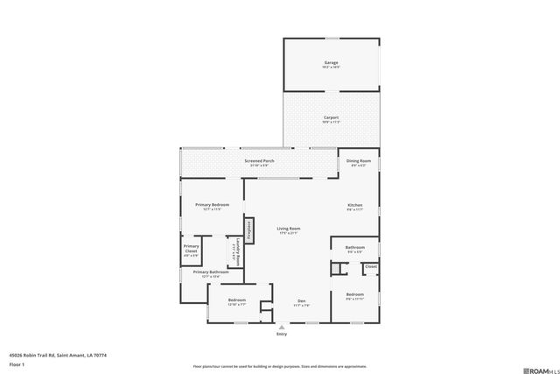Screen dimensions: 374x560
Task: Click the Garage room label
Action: pos(331,63)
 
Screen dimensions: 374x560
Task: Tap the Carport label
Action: pos(331,117)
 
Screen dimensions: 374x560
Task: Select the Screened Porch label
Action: pos(259,161)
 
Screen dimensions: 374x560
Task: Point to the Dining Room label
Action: pos(359,161)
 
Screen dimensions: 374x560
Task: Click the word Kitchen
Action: pos(354,205)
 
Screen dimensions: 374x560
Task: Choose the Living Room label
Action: pos(289,229)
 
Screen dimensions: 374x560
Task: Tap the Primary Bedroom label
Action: pos(211,205)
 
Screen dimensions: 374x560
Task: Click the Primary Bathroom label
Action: pos(211,272)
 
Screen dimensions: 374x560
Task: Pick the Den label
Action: pos(301,300)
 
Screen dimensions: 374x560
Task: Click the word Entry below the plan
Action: pos(281,335)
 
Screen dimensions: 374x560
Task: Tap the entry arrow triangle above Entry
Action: pos(281,327)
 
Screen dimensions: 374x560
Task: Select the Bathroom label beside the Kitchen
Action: pos(354,247)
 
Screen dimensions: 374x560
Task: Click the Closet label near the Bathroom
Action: pos(370,265)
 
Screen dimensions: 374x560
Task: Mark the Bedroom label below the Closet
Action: pos(354,294)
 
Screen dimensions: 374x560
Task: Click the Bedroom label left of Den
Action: pos(236,300)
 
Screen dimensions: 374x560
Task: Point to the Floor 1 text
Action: pos(17,365)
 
